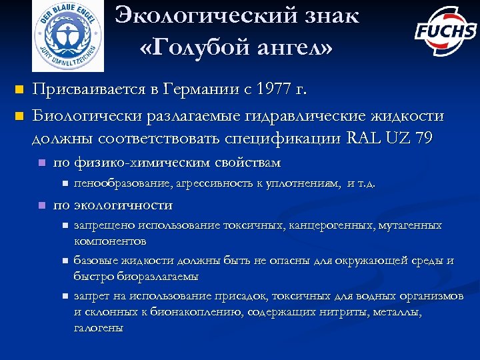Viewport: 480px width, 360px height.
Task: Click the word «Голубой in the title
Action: [x=200, y=47]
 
